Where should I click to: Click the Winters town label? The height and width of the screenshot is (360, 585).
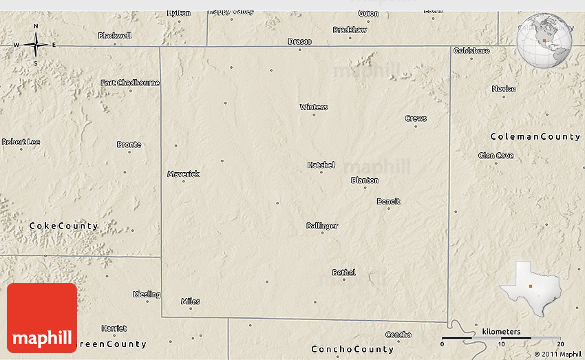tap(314, 107)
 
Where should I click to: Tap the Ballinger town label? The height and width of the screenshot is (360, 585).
tap(322, 225)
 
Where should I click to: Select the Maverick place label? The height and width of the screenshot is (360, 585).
tap(183, 173)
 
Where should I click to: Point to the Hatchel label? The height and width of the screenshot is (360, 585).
tap(321, 165)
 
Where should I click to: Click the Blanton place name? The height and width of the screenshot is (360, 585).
tap(365, 180)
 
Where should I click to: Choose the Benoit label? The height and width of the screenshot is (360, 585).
tap(388, 201)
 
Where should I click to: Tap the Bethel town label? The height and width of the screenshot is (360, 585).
tap(343, 272)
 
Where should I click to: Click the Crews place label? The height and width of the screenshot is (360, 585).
tap(416, 118)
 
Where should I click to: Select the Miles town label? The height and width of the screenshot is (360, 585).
tap(191, 301)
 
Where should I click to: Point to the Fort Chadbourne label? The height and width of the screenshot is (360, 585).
tap(130, 83)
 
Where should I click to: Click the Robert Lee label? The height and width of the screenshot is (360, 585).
tap(21, 142)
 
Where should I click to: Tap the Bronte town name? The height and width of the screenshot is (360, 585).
tap(129, 144)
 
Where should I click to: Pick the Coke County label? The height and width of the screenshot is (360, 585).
tap(63, 226)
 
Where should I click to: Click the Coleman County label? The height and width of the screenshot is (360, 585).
tap(535, 136)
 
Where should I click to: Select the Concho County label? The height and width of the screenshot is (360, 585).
tap(352, 349)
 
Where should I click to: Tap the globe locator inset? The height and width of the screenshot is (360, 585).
tap(545, 40)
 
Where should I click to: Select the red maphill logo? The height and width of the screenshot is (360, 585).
tap(42, 318)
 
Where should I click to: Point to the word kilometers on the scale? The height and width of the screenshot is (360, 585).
tap(501, 332)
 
